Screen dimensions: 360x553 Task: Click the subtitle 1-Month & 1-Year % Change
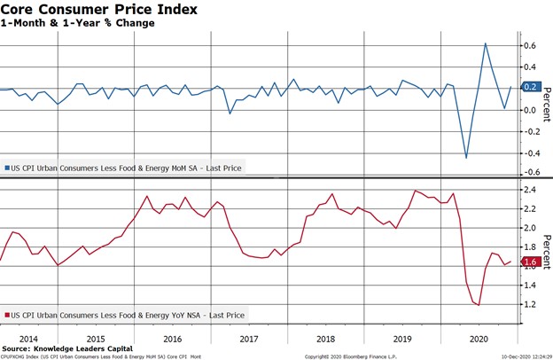pos(78,23)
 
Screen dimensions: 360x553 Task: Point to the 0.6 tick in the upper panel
pos(530,45)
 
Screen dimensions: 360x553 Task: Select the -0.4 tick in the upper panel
pos(530,153)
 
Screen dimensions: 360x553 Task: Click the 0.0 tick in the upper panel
pos(530,110)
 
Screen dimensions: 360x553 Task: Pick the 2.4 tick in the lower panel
pos(530,190)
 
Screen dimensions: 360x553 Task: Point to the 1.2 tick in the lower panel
pos(530,304)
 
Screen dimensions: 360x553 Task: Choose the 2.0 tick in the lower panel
pos(530,228)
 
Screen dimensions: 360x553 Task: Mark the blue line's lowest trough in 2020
pos(466,158)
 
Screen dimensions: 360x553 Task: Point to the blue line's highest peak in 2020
pos(485,43)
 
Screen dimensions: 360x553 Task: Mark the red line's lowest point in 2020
pos(479,305)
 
